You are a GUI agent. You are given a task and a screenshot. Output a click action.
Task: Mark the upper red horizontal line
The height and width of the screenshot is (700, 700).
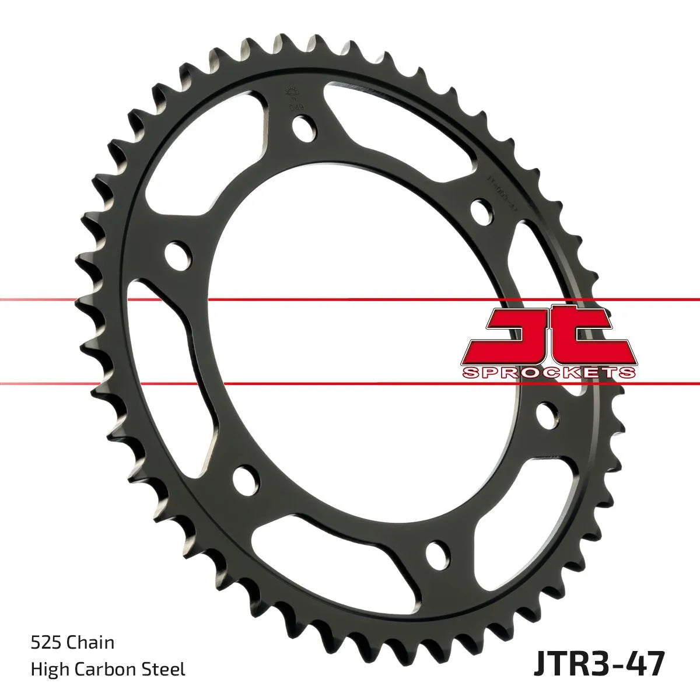click(350, 299)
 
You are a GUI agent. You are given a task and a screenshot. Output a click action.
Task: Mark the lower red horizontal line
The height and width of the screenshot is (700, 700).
click(350, 383)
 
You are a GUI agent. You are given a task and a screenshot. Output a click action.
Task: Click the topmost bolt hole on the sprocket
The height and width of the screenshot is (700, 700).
click(303, 128)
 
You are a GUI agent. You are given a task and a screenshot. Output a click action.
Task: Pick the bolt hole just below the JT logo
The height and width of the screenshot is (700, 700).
click(546, 413)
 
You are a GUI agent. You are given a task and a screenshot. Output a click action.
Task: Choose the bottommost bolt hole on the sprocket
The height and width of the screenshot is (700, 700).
click(437, 554)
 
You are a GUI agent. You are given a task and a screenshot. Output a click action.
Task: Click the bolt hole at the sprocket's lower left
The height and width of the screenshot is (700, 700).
click(245, 480)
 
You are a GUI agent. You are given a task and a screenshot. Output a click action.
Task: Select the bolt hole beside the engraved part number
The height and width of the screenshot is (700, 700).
click(480, 209)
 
